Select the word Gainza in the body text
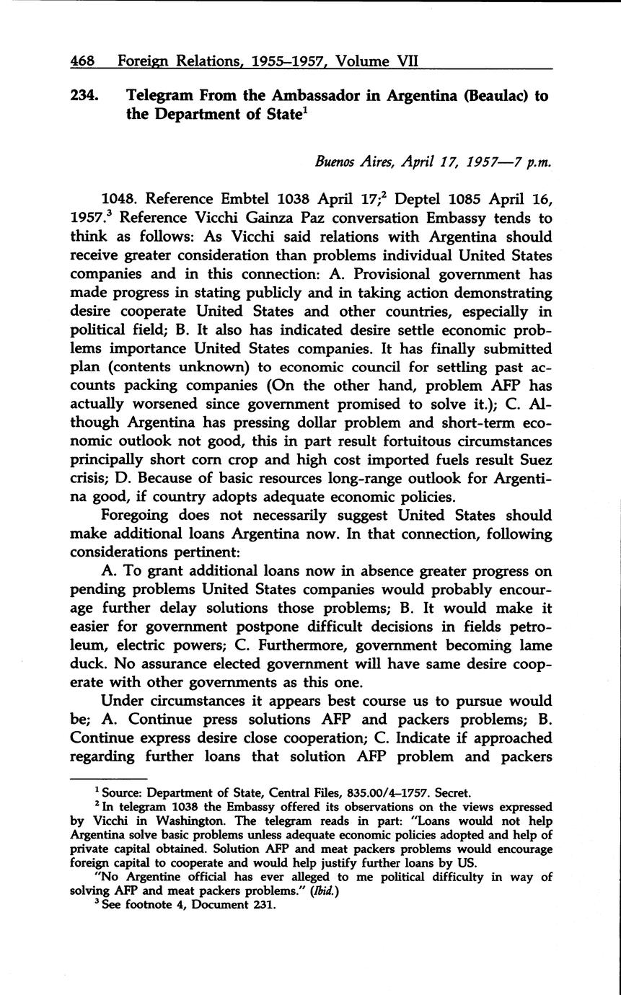[253, 218]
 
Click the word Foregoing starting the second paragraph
[140, 516]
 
